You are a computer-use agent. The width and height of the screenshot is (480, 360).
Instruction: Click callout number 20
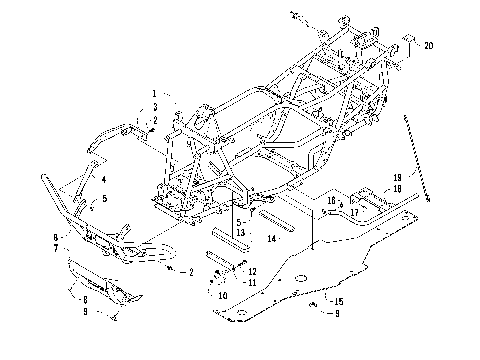tap(428, 46)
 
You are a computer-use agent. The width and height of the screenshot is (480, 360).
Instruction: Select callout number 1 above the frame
tap(155, 93)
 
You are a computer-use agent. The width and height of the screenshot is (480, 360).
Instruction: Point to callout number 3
tap(155, 105)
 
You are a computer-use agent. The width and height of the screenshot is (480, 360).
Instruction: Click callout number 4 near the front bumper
tap(103, 179)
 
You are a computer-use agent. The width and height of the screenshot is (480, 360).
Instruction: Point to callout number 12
tap(252, 271)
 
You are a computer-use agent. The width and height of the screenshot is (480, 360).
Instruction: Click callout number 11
tap(252, 282)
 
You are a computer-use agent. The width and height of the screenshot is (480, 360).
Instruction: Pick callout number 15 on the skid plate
tap(339, 301)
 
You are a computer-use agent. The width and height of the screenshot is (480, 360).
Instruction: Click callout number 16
tap(330, 201)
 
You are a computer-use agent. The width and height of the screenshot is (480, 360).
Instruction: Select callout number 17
tap(354, 212)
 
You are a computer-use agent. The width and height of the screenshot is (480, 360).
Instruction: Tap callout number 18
tap(397, 188)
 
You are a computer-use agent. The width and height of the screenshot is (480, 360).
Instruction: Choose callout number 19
tap(397, 177)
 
